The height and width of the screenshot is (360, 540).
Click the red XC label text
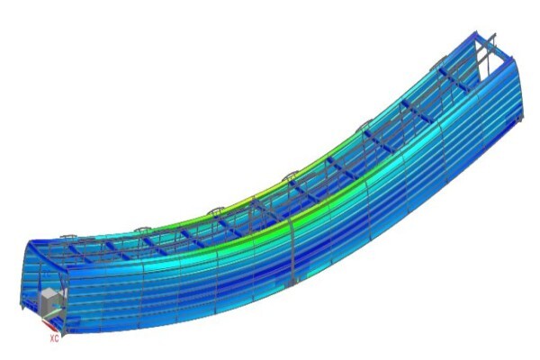point(54,338)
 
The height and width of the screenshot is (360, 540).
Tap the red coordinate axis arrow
point(49,324)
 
